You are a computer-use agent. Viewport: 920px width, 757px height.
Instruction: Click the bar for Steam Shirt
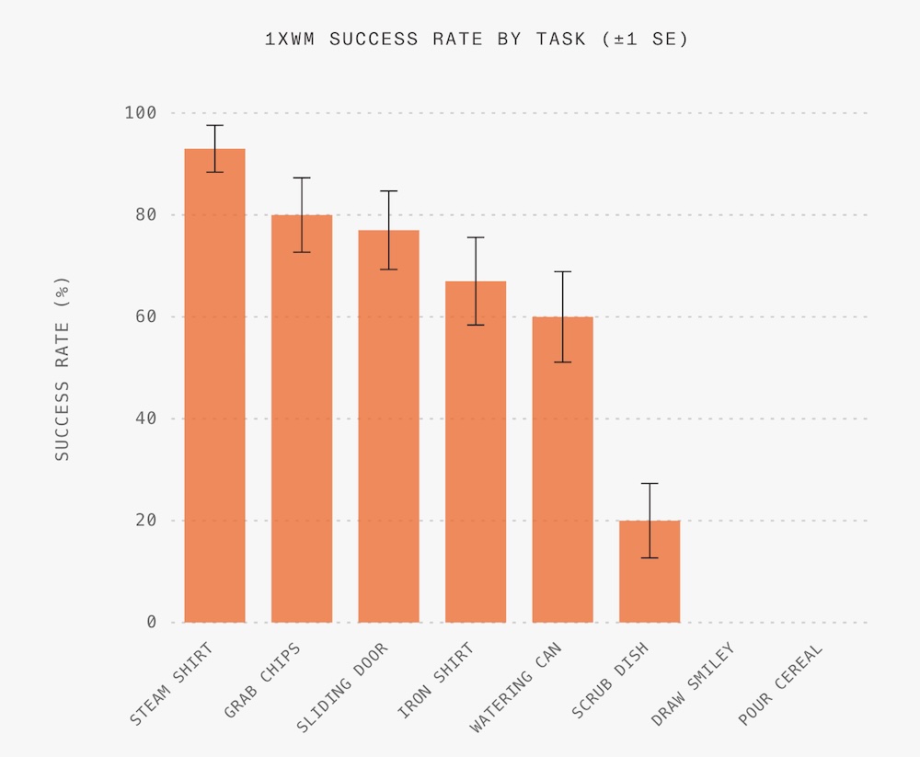(214, 386)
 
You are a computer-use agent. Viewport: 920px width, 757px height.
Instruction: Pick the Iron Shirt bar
(476, 452)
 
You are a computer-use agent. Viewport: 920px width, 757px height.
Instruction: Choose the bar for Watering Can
(562, 469)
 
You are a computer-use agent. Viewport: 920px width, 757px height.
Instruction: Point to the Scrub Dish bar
(650, 571)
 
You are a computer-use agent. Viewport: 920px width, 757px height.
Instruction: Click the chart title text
(476, 40)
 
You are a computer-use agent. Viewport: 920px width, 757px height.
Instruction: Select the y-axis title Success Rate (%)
(62, 368)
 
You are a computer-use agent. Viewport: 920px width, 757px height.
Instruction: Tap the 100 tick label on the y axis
(141, 113)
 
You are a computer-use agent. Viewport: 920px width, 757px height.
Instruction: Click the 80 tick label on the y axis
(145, 215)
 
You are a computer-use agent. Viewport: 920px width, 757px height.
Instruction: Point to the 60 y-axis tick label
(145, 317)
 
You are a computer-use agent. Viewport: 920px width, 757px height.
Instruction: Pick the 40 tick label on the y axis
(145, 419)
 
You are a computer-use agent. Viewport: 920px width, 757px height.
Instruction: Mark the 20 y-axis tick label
(145, 521)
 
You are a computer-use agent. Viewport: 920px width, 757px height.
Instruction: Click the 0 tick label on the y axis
(151, 623)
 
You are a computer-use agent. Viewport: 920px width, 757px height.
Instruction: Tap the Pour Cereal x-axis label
(780, 685)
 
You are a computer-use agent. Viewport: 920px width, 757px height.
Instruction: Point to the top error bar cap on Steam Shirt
(214, 125)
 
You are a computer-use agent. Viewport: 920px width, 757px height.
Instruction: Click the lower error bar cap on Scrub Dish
(650, 557)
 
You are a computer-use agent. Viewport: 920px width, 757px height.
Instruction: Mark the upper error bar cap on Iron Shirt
(476, 237)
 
